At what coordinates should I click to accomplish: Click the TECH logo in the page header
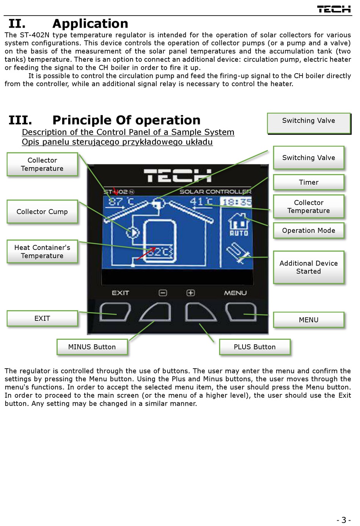pos(333,9)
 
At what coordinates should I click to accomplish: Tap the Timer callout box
pos(308,182)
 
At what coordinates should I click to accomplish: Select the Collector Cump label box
pos(42,212)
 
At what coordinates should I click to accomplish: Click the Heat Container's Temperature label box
pos(42,251)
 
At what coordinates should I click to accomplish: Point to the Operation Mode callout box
pos(308,231)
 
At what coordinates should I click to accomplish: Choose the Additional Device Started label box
pos(308,267)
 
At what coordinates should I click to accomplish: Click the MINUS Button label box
pos(92,347)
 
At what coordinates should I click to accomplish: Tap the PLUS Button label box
pos(255,347)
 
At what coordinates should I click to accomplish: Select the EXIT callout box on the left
pos(42,319)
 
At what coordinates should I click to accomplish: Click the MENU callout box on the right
pos(308,320)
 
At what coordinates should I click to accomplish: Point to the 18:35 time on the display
pos(236,202)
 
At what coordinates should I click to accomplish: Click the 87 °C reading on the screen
pos(121,201)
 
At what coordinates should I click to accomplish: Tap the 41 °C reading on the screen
pos(200,201)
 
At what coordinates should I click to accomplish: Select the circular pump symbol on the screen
pos(133,232)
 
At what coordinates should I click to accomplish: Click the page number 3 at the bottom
pos(344,520)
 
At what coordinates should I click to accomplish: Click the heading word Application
pos(90,24)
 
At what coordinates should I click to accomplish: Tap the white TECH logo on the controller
pos(178,176)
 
